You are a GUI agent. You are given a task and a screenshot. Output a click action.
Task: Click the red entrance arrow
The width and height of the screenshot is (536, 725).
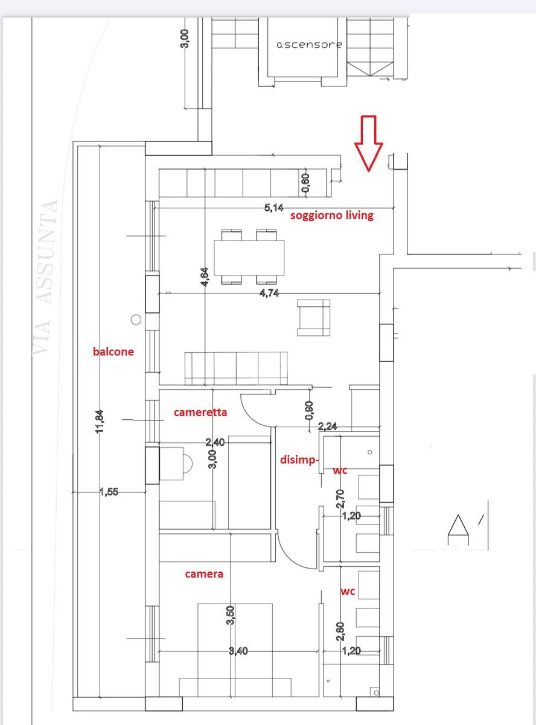tap(369, 144)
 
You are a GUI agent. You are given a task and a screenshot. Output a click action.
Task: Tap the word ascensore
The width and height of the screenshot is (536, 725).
tap(309, 45)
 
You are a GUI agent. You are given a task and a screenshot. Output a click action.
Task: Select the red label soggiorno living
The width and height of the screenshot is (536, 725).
tap(331, 216)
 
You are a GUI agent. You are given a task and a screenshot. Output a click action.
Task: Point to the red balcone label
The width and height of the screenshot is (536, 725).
tap(113, 352)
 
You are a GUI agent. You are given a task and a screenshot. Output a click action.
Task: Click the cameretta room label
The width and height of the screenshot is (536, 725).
tap(200, 412)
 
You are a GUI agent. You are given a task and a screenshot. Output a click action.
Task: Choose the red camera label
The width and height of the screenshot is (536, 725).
tap(204, 574)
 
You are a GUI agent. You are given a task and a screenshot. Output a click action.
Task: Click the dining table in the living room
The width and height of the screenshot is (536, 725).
tap(249, 258)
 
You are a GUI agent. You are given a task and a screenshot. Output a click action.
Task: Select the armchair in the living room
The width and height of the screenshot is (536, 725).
tap(313, 318)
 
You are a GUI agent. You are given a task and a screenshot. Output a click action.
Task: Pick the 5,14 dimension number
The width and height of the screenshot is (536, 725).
tap(273, 207)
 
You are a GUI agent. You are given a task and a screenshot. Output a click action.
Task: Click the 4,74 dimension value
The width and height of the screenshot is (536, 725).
tap(269, 293)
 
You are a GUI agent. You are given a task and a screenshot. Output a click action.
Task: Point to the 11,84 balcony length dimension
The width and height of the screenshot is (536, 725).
tap(100, 422)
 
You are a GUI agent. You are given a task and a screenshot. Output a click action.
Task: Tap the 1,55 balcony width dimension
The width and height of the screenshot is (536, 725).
tap(109, 492)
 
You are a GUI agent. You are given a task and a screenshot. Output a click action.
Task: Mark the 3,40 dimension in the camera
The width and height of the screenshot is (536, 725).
tap(238, 651)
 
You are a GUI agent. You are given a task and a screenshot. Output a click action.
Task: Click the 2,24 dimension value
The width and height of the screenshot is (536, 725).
tap(327, 427)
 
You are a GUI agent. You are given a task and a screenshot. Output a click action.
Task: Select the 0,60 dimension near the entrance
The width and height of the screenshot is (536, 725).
tap(306, 183)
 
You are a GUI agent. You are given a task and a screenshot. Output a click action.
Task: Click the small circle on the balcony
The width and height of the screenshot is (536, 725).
tap(136, 320)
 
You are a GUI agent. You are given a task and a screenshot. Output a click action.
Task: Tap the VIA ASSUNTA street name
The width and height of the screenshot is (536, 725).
tap(46, 277)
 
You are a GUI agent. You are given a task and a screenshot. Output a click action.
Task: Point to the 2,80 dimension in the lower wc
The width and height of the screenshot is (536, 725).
tap(340, 631)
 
